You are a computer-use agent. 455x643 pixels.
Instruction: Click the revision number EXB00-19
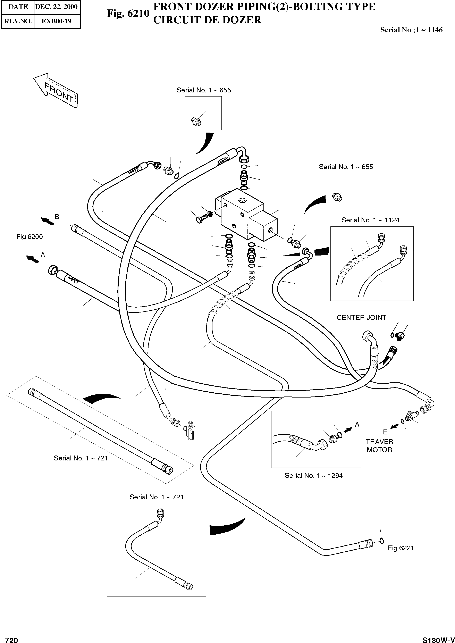tap(56, 21)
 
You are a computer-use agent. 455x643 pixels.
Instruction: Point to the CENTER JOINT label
tap(361, 317)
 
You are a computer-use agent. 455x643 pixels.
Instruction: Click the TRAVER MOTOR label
tap(379, 446)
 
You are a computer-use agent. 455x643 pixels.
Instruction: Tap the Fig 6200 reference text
tap(30, 237)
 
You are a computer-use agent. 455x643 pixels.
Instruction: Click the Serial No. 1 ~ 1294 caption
tap(313, 475)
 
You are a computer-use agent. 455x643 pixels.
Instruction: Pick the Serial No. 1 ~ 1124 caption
tap(370, 220)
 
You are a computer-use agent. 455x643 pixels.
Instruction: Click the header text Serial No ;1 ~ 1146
tap(411, 30)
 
